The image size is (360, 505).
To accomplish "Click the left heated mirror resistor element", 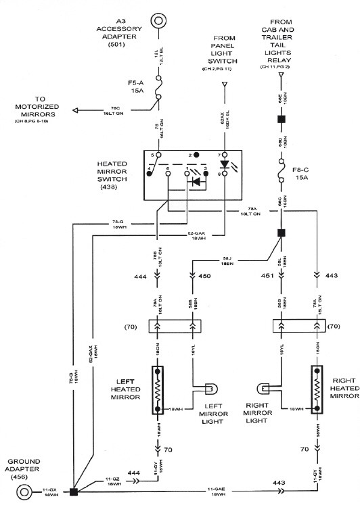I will pyautogui.click(x=158, y=391).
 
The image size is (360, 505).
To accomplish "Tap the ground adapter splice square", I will pyautogui.click(x=74, y=489).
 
